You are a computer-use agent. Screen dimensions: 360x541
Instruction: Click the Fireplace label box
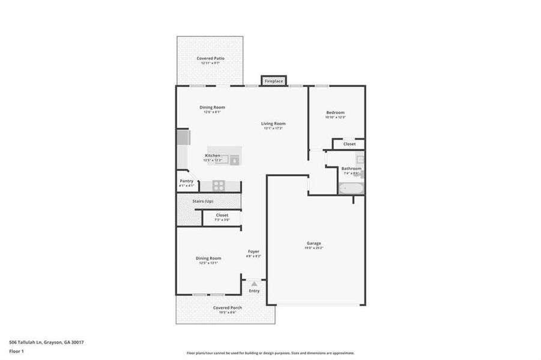pos(273,80)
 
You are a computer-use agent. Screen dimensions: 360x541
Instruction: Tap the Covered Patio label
pos(210,58)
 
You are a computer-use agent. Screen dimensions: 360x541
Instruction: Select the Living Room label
pos(273,124)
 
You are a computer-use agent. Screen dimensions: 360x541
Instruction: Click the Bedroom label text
pos(335,113)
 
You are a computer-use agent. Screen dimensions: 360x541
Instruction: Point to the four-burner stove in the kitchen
pos(219,185)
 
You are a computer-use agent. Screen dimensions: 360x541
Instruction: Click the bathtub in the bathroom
pos(350,189)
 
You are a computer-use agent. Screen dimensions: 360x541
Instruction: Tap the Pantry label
pos(186,181)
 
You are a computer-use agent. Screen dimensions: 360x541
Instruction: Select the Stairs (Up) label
pos(202,201)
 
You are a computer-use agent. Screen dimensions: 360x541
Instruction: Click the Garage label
pos(315,243)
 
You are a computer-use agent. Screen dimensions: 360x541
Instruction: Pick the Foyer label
pos(253,251)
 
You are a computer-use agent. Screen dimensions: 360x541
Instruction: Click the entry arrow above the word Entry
pos(255,283)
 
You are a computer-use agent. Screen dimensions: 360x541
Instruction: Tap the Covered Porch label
pos(228,308)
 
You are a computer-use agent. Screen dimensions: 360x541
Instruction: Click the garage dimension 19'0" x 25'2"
pos(315,248)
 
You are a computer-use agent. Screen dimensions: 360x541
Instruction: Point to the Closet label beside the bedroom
pos(349,144)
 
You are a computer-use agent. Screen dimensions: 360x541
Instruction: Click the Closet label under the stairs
pos(222,215)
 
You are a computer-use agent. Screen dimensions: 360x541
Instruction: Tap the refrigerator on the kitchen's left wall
pos(183,138)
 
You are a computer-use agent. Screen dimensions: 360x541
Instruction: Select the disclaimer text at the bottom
pos(270,353)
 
